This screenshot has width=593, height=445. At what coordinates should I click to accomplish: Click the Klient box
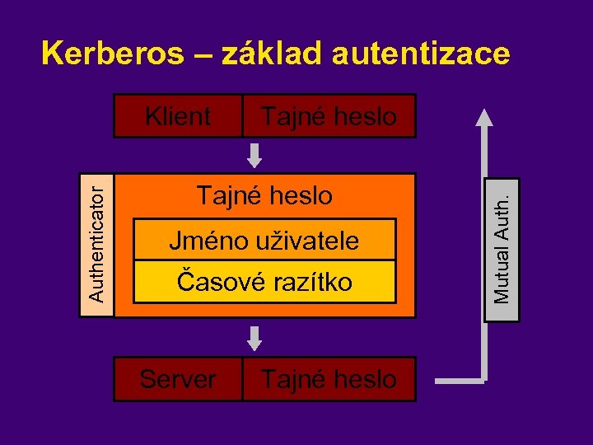point(178,116)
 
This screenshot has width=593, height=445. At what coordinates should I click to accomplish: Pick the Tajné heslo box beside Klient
point(329,116)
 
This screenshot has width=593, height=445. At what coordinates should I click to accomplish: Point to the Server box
point(178,380)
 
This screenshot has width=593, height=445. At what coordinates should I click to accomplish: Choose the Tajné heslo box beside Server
point(329,380)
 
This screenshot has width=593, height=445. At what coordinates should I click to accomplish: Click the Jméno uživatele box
point(264,241)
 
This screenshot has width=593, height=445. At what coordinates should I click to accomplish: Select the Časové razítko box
point(264,283)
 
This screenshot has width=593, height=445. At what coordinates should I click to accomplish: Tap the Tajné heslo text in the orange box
point(264,196)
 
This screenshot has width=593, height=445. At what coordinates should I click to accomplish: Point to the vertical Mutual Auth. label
point(502,248)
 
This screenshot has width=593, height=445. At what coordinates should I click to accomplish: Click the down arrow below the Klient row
point(255,154)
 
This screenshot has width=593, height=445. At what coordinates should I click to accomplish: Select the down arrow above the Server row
point(255,337)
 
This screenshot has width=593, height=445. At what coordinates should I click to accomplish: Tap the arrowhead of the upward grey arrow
point(484,118)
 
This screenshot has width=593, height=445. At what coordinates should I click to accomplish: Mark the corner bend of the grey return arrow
point(483,379)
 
